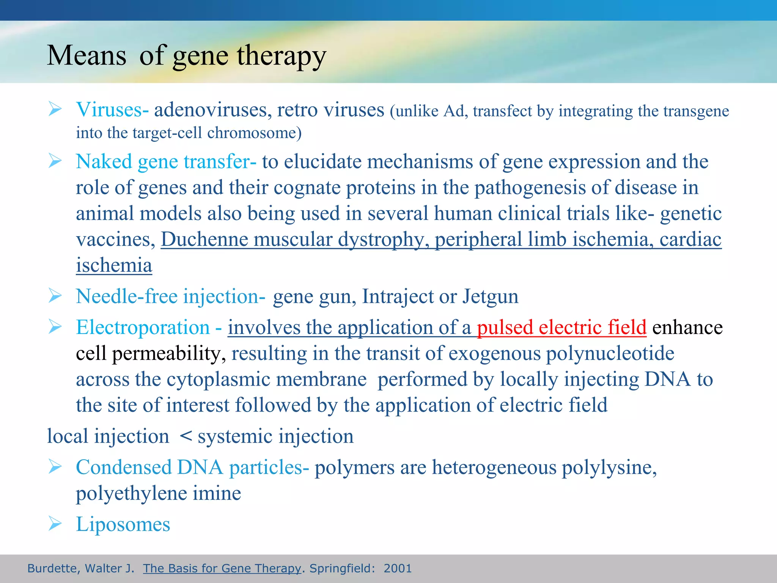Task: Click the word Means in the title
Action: point(87,56)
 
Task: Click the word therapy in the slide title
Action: point(282,56)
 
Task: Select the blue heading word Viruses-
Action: point(112,110)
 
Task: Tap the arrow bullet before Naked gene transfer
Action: point(55,161)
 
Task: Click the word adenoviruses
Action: point(212,110)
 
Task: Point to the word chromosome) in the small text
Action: point(254,133)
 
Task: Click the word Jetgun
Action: point(490,296)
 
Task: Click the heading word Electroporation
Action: point(143,327)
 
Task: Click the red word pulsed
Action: point(505,327)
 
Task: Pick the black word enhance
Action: point(687,327)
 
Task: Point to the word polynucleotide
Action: point(610,353)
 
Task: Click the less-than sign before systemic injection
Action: point(186,436)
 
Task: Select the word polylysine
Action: point(609,467)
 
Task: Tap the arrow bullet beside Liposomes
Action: point(55,524)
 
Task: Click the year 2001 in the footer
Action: point(397,568)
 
